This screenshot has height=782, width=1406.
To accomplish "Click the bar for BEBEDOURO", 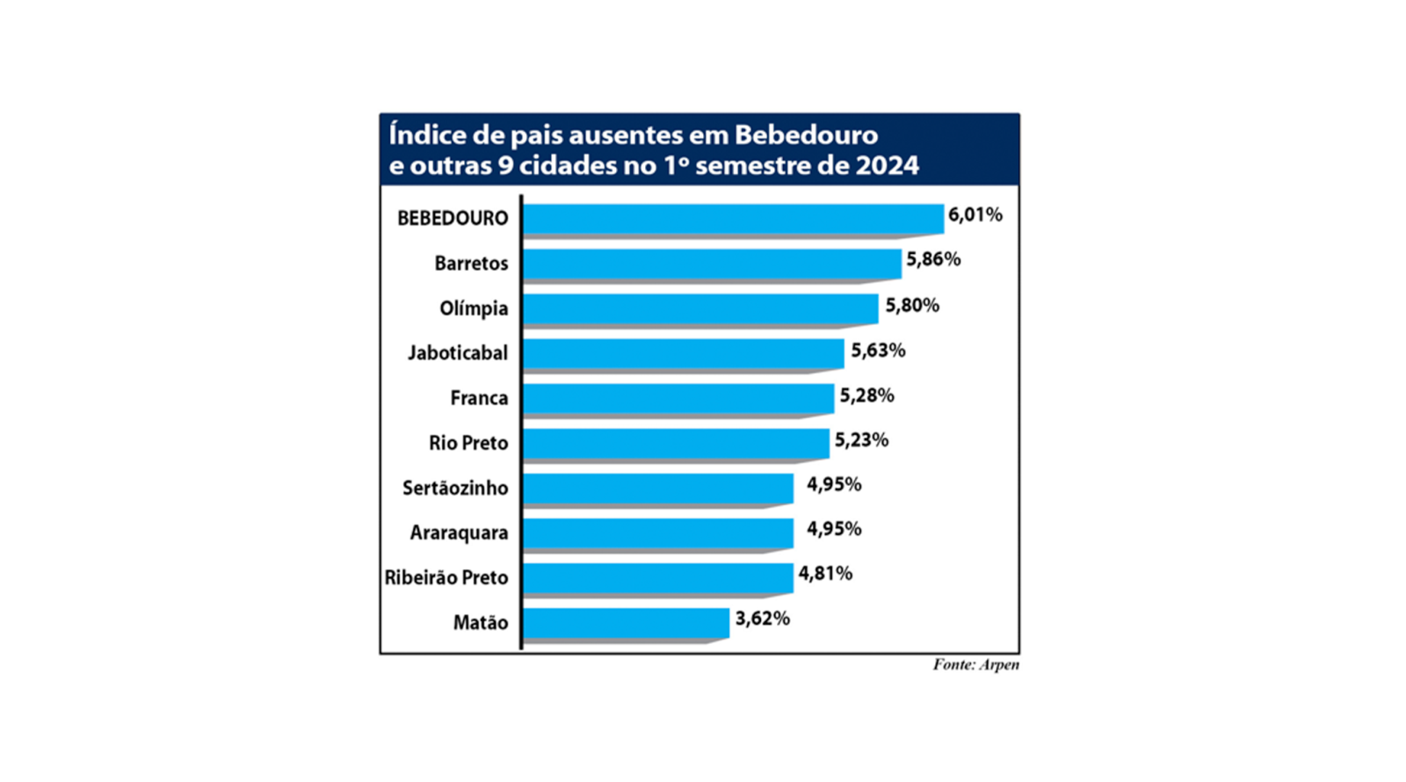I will coord(732,219).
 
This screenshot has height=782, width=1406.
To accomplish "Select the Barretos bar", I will coord(712,264).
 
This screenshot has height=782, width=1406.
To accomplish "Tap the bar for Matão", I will coord(626,622).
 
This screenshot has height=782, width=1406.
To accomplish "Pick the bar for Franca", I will coord(678,398).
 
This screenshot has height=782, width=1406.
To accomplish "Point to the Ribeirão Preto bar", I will coord(657,577).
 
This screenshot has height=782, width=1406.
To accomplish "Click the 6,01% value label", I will coord(975,215).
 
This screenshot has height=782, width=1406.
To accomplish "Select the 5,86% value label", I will coord(933,260).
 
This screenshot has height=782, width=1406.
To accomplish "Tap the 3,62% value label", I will coord(762,619).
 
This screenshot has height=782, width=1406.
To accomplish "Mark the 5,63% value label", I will coord(877,351).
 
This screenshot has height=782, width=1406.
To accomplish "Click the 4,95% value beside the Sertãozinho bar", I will coord(833,484).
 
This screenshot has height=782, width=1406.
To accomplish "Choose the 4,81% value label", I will coord(824,574).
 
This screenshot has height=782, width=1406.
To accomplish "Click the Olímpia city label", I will coord(474,308).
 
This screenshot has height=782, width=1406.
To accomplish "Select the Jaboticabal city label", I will coord(457,353).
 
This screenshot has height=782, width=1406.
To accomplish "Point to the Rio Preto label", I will coord(468,443).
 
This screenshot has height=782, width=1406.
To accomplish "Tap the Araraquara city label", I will coord(459,532).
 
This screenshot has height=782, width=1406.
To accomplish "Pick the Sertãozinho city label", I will coord(455,488).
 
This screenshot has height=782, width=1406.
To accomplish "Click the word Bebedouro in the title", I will coord(806,135).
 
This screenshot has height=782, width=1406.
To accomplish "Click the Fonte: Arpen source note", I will coord(975,665).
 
